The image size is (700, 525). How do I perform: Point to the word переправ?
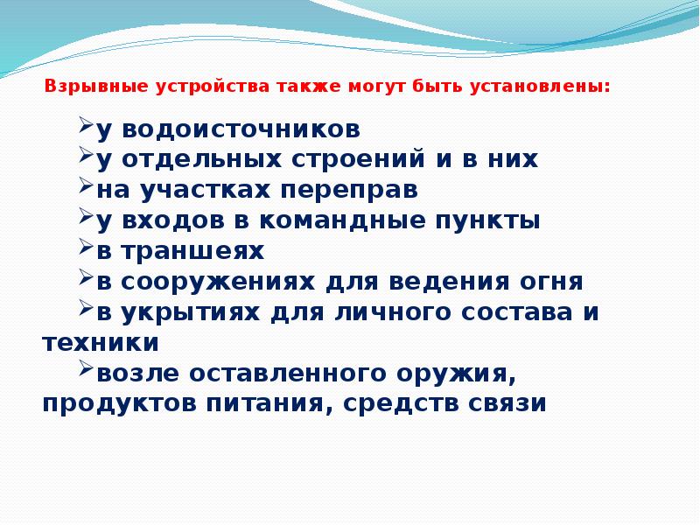[342, 191]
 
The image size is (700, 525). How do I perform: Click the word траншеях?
[192, 252]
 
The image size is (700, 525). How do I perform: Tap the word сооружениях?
[221, 283]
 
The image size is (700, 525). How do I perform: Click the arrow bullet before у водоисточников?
[86, 127]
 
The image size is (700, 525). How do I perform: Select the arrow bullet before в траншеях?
[86, 248]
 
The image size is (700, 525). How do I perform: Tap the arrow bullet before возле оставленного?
[86, 370]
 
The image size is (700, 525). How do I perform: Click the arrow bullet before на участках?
[86, 187]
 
